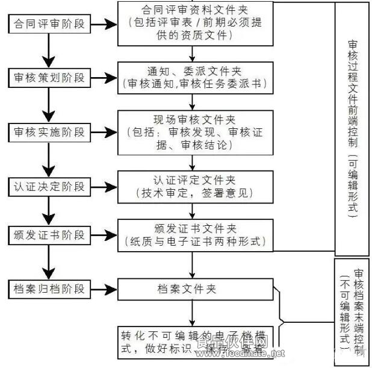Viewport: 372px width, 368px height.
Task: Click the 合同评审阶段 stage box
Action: [x=46, y=24]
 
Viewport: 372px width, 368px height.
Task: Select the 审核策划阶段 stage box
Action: [x=46, y=78]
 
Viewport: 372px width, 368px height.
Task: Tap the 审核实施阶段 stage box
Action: [x=46, y=131]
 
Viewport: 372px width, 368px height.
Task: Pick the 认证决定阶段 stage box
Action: [x=46, y=184]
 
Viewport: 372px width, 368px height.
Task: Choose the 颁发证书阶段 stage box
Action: [x=46, y=234]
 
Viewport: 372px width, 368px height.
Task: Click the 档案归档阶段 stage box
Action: [x=46, y=288]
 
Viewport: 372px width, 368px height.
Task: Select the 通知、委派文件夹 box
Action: [x=192, y=77]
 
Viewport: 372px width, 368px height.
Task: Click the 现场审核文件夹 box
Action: [x=192, y=130]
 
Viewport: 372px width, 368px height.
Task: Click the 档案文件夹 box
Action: [x=192, y=288]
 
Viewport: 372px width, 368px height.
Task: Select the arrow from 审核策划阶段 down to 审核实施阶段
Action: [x=46, y=105]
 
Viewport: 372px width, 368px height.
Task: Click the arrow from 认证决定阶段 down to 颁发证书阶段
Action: [x=46, y=209]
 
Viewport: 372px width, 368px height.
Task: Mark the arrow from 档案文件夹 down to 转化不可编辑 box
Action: [x=192, y=313]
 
